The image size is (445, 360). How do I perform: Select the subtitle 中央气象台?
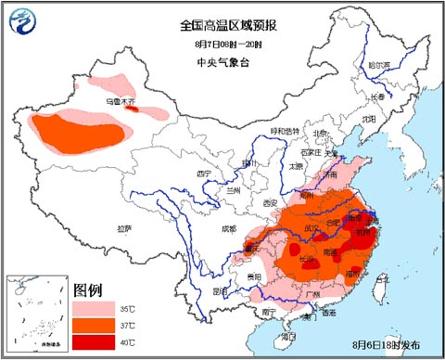(223, 62)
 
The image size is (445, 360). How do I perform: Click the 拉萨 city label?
(124, 227)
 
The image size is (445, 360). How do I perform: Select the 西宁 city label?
(204, 174)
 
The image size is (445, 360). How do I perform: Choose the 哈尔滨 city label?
(379, 65)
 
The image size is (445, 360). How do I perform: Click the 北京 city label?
(320, 133)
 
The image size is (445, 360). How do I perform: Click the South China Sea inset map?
(35, 315)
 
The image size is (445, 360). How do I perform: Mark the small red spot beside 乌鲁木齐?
(132, 109)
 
